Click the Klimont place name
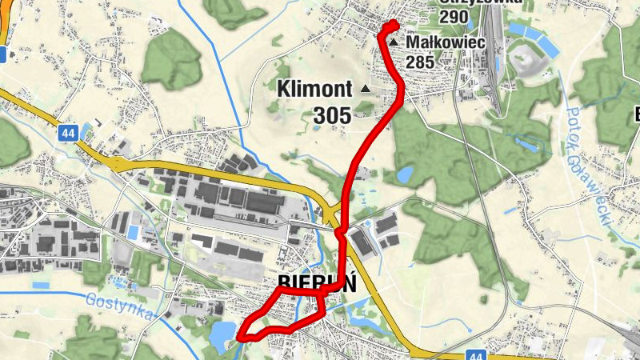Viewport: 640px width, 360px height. click(314, 89)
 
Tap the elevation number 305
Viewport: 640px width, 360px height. click(332, 116)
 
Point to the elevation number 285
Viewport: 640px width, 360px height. click(419, 62)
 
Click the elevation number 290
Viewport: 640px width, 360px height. click(454, 15)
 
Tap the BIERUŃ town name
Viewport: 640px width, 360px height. click(317, 285)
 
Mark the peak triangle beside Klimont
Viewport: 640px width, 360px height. click(366, 88)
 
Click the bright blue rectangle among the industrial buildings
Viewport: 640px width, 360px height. click(133, 232)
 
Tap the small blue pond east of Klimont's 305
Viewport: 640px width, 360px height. click(404, 174)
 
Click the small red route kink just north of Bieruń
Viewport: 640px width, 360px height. click(340, 233)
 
